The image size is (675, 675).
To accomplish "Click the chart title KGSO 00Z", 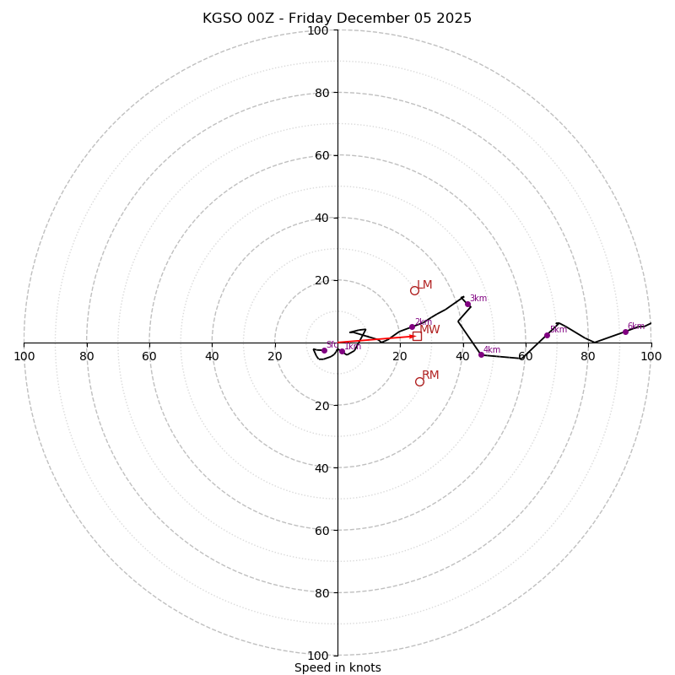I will (337, 19).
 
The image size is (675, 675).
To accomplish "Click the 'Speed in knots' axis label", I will (337, 667).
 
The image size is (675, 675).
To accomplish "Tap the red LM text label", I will (424, 285).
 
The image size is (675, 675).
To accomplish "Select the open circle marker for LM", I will (414, 290).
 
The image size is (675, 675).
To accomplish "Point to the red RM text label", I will (430, 375).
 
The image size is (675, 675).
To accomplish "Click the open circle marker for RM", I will (419, 381).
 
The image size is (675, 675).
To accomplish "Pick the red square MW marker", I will (417, 336).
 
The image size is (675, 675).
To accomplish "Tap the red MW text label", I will (429, 330).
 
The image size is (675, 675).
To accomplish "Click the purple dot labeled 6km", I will (625, 332).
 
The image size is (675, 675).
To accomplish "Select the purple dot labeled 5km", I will (547, 335).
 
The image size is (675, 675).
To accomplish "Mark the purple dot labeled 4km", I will (481, 354).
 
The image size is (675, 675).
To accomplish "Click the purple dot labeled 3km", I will (467, 304).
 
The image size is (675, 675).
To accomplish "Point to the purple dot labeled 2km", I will (412, 327).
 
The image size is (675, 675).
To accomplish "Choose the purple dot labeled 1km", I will (342, 351).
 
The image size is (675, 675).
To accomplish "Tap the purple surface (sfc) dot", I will (324, 350).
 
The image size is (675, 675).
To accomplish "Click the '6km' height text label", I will (635, 326).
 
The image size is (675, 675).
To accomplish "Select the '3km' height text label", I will (478, 299).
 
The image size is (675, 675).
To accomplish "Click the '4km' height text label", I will (492, 349).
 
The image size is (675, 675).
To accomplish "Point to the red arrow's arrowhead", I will (411, 337).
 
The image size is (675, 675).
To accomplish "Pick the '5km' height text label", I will (558, 329).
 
